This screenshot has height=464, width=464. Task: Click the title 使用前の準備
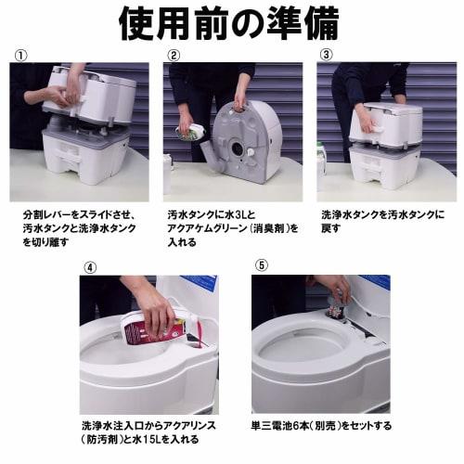(x=231, y=23)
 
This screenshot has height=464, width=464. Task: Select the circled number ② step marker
(x=174, y=55)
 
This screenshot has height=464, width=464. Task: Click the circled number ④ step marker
(x=90, y=267)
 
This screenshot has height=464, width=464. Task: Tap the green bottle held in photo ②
(x=192, y=132)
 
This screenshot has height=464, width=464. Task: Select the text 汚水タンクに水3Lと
(x=213, y=213)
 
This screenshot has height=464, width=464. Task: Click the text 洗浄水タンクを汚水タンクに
(x=382, y=213)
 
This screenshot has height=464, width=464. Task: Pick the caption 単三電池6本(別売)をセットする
(x=321, y=426)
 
